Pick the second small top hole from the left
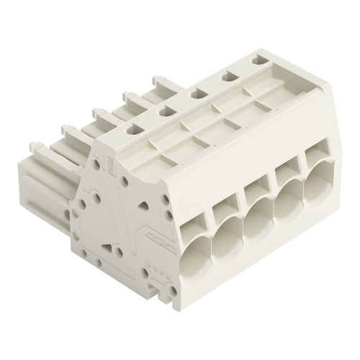tap(165, 111)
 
